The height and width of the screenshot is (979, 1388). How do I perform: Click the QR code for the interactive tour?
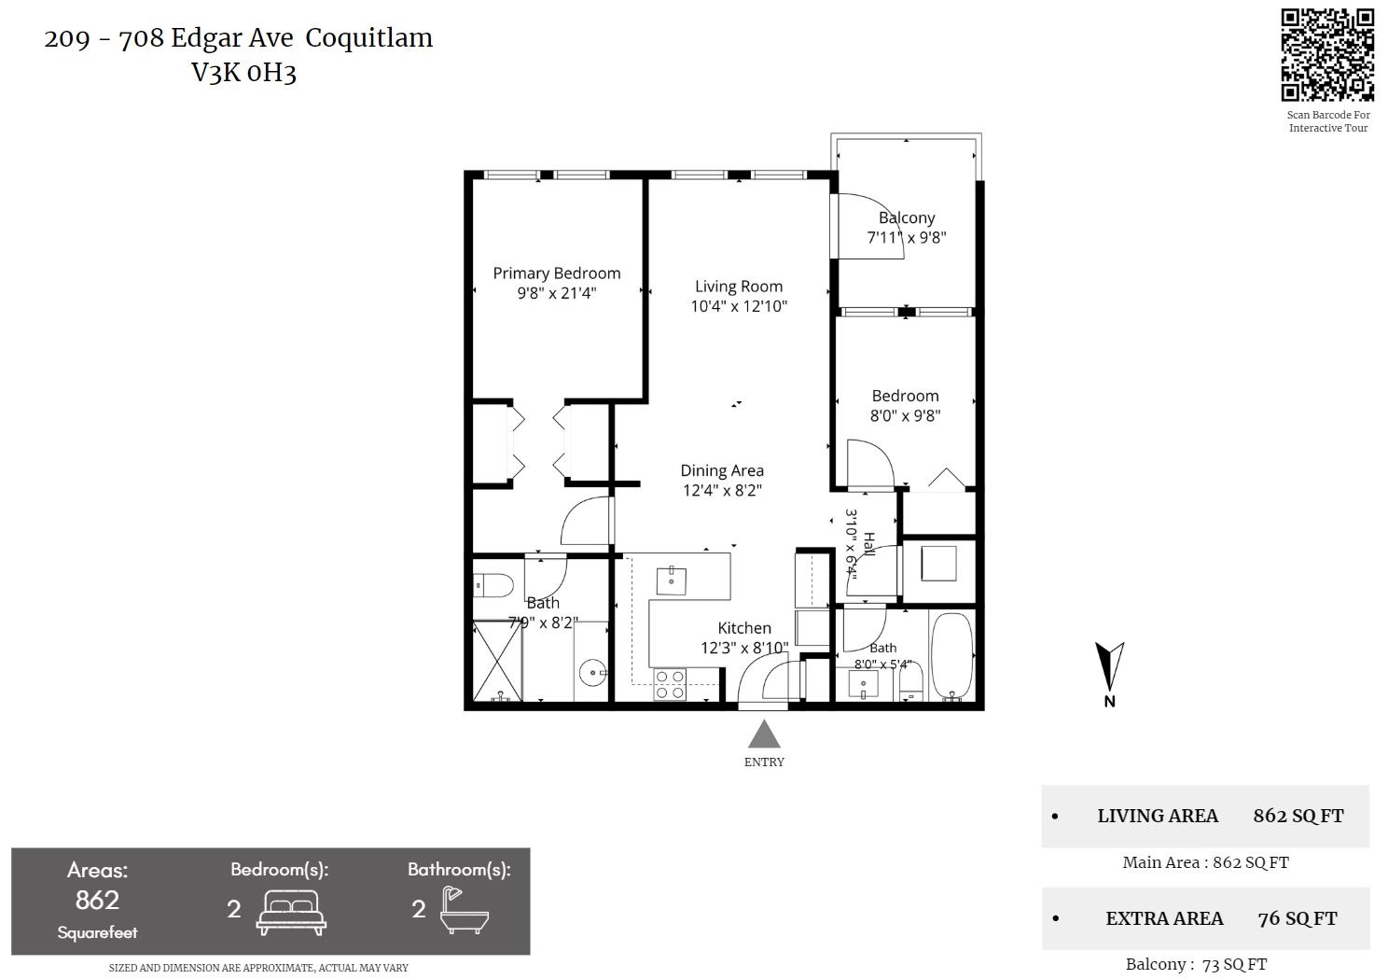coord(1327,54)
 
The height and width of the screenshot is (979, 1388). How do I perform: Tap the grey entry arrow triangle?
coord(764,734)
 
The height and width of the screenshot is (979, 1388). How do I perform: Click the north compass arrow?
coord(1109,667)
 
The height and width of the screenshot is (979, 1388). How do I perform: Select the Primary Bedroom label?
coord(557,273)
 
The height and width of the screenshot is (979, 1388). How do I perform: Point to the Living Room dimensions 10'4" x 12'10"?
coord(739,306)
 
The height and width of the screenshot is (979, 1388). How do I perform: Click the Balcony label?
coord(907,217)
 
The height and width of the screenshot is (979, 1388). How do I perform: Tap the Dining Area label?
coord(722,470)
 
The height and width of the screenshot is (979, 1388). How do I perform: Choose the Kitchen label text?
coord(744,628)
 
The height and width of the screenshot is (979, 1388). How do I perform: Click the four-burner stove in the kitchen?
coord(671,684)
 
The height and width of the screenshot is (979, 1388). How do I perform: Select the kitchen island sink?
coord(671,580)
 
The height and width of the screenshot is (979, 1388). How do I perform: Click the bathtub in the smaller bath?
coord(952,657)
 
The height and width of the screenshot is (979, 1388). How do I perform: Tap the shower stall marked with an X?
coord(497,661)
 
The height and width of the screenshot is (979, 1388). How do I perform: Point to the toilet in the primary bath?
coord(493,584)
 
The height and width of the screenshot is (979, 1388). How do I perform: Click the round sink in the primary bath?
coord(593,673)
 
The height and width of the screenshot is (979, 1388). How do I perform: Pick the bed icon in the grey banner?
coord(291,913)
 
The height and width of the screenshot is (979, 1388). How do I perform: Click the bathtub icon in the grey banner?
coord(465,910)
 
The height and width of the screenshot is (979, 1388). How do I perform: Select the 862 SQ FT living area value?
coord(1298,816)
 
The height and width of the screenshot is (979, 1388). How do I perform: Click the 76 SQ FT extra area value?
coord(1298,918)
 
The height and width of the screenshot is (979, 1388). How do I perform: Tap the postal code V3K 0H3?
coord(244,73)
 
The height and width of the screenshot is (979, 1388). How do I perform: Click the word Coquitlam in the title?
coord(368,38)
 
